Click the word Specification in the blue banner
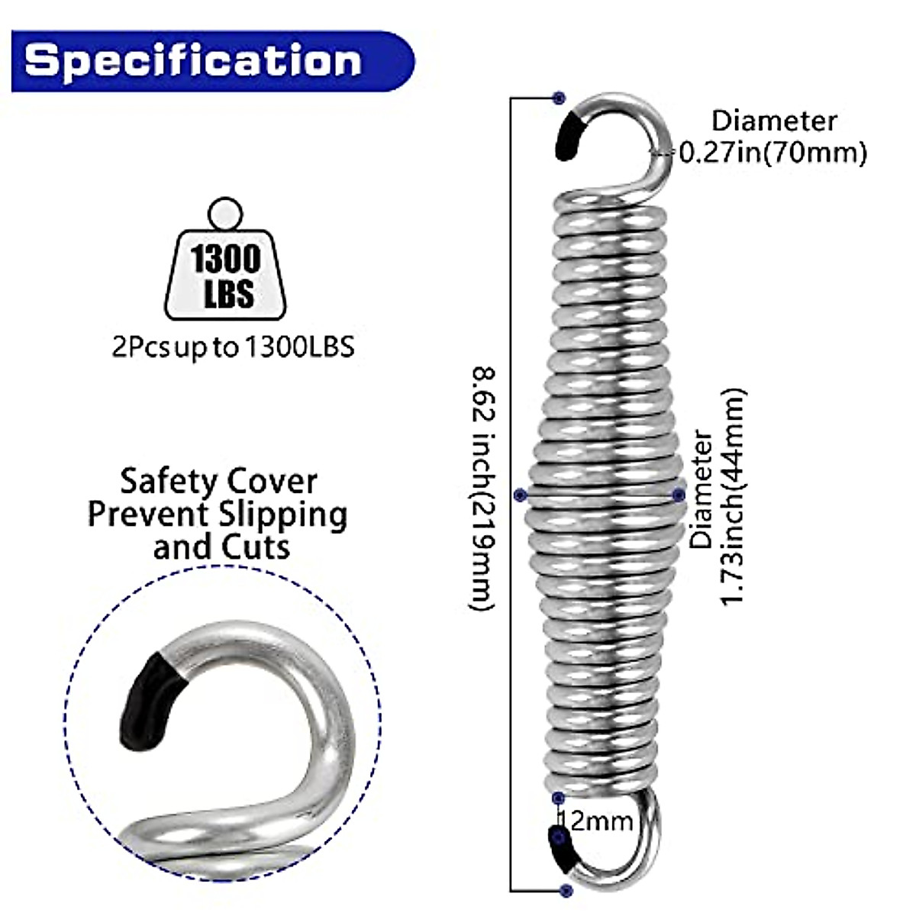(x=192, y=60)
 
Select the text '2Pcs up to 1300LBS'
(x=233, y=348)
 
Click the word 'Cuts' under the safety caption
(x=256, y=547)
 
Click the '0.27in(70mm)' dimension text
(x=772, y=153)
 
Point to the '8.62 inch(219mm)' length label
(x=482, y=489)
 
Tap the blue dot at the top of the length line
(x=560, y=98)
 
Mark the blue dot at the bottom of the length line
(x=566, y=890)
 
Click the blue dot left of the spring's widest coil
(x=521, y=495)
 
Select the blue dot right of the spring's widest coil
(x=679, y=495)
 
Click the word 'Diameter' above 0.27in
(x=774, y=121)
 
